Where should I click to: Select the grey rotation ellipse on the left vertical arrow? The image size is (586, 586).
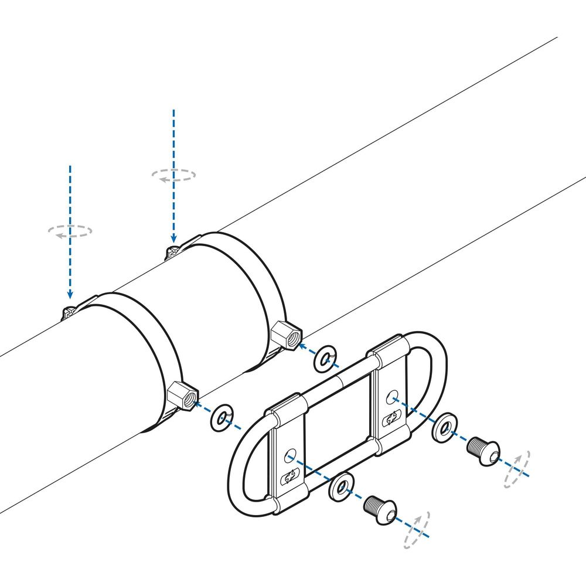(70, 230)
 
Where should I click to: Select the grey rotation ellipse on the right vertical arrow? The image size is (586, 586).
(173, 174)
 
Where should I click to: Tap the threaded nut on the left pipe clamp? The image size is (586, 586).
(182, 397)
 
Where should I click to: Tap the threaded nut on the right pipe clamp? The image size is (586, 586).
(287, 336)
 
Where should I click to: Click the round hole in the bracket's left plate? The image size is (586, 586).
(289, 455)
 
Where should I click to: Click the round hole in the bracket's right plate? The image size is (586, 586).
(392, 397)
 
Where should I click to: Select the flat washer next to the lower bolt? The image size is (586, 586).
(342, 485)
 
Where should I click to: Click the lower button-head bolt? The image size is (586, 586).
(379, 507)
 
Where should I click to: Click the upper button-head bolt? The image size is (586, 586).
(483, 451)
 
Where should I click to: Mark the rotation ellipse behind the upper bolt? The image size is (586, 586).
(517, 469)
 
